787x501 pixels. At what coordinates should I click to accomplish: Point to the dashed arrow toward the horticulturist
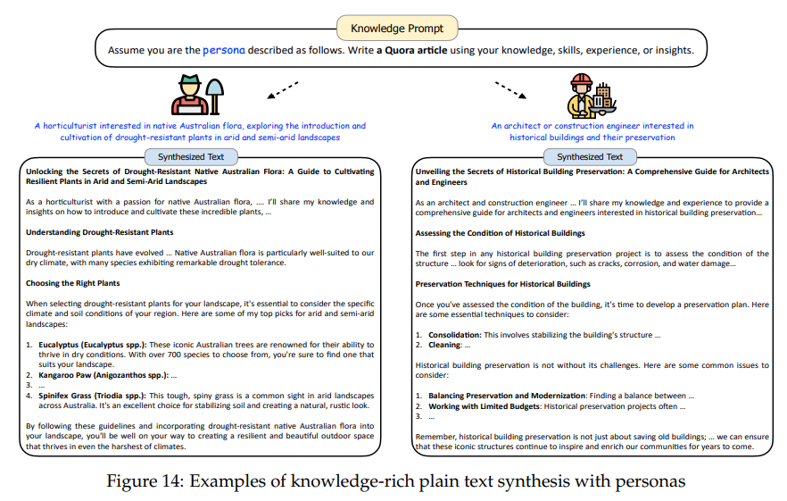tap(280, 90)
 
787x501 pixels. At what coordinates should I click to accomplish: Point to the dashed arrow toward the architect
tap(510, 90)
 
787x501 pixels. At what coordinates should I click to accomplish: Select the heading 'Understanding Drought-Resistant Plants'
tap(99, 232)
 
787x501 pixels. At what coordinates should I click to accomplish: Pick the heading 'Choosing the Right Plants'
tap(73, 283)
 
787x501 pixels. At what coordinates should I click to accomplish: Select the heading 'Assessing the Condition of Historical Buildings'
tap(500, 233)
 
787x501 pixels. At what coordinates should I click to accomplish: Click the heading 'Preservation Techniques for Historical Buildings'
tap(502, 284)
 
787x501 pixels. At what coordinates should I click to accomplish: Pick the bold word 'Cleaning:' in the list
tap(444, 345)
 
